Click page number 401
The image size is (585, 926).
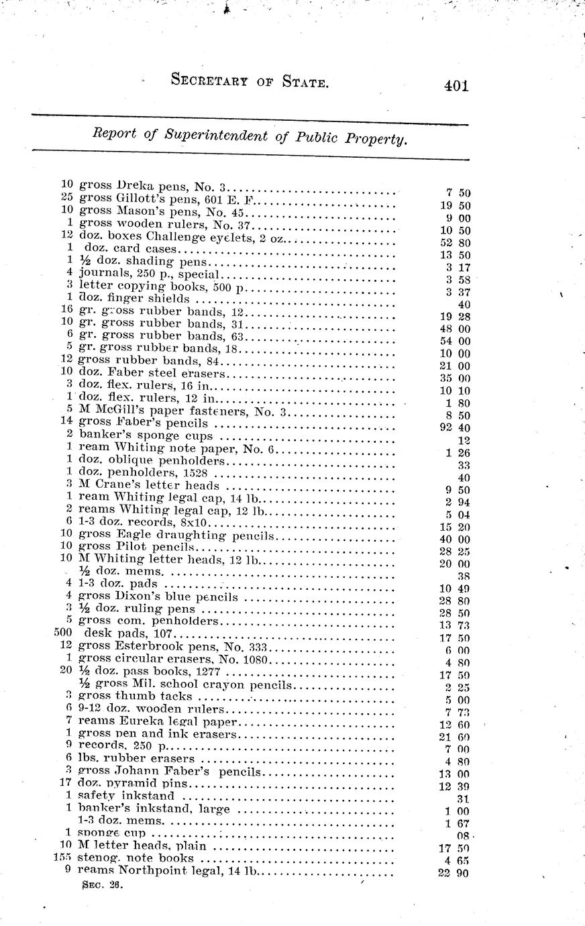455,86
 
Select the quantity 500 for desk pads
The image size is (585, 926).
63,633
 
